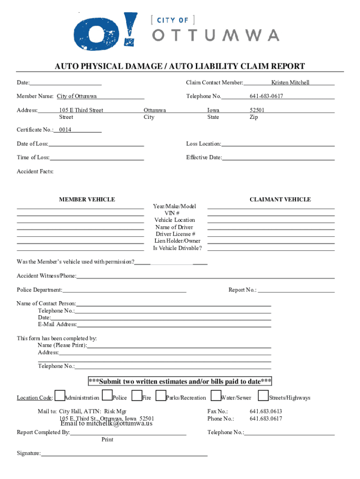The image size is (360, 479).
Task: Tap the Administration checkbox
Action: pyautogui.click(x=60, y=396)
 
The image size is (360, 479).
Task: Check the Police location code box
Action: pyautogui.click(x=107, y=396)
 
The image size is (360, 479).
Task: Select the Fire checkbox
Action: pyautogui.click(x=137, y=396)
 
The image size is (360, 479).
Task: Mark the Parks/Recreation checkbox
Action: pyautogui.click(x=161, y=396)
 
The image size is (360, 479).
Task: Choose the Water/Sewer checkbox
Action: pyautogui.click(x=216, y=396)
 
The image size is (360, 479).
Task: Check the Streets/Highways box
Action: pyautogui.click(x=263, y=396)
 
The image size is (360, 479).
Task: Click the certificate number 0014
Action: pyautogui.click(x=65, y=130)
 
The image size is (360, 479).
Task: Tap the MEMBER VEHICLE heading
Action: pyautogui.click(x=87, y=200)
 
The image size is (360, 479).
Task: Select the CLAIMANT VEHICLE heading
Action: pyautogui.click(x=280, y=200)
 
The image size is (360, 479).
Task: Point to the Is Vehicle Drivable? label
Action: pyautogui.click(x=177, y=248)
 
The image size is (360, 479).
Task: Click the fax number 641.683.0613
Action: pyautogui.click(x=266, y=412)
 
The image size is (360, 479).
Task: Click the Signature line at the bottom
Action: pyautogui.click(x=124, y=454)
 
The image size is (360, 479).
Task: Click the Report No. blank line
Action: pyautogui.click(x=296, y=290)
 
